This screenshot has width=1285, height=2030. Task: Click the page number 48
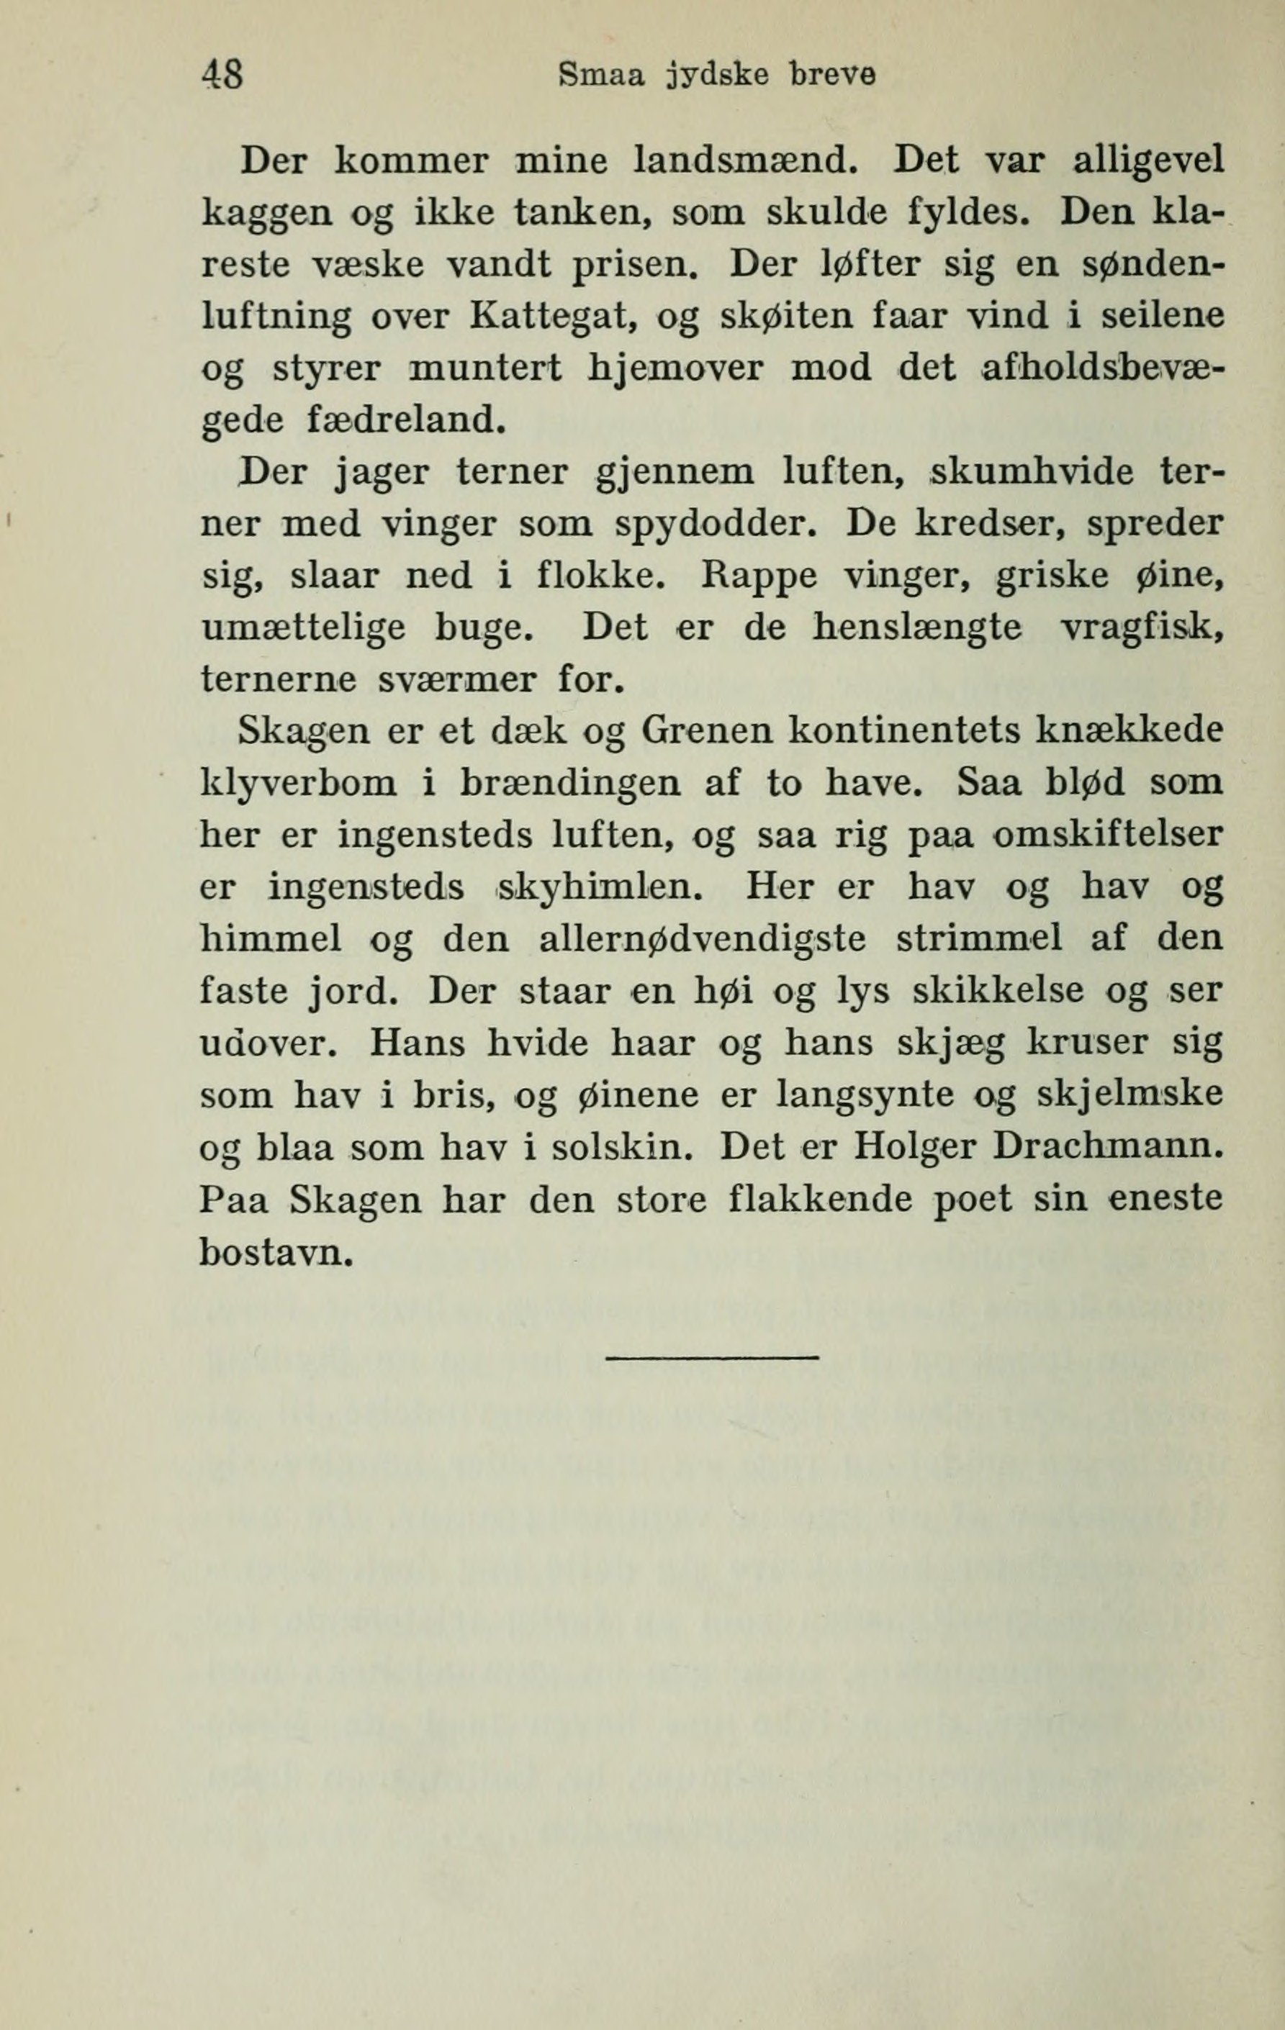(x=223, y=76)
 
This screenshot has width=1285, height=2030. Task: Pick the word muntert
(x=484, y=368)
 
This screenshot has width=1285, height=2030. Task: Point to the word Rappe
(x=759, y=577)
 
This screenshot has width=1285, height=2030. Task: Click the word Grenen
(x=707, y=732)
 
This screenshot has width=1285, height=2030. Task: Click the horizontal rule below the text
(x=712, y=1356)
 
